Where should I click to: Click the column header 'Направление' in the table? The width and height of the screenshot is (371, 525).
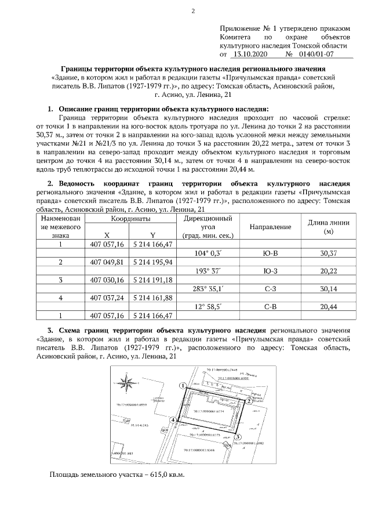[x=270, y=227]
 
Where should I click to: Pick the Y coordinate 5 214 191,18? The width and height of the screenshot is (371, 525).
[x=153, y=280]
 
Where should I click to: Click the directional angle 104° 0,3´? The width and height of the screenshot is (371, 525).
[x=209, y=254]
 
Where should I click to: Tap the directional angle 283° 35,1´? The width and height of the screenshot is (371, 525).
[x=209, y=289]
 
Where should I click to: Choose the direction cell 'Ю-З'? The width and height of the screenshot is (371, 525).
[x=270, y=271]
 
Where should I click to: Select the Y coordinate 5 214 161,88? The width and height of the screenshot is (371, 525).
[x=153, y=298]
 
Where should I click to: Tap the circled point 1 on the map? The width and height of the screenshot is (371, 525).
[x=183, y=385]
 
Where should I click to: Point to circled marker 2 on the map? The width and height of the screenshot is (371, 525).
[x=248, y=400]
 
